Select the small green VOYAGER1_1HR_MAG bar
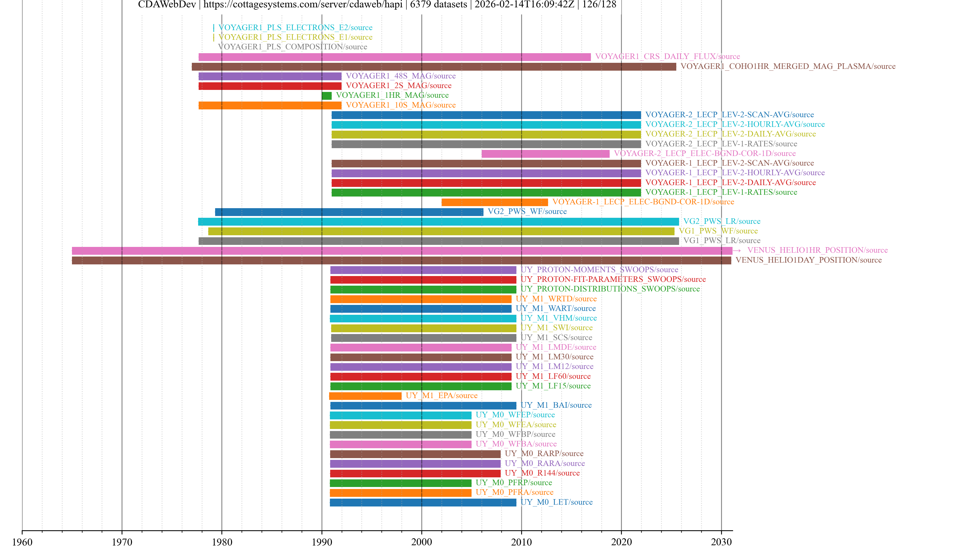327,95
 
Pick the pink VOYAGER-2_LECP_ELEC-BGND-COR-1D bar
545,154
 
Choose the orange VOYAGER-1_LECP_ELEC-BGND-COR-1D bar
494,202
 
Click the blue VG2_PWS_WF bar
349,212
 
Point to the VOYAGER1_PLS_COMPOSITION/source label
292,47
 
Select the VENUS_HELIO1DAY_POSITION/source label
808,260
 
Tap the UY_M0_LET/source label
556,502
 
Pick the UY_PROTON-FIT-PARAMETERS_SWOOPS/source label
613,279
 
